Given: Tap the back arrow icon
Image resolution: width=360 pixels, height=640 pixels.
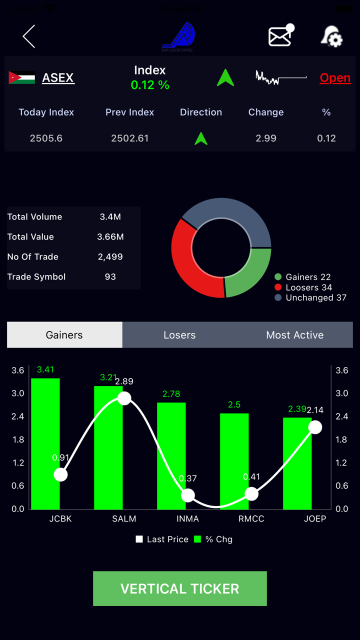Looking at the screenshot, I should click(x=29, y=36).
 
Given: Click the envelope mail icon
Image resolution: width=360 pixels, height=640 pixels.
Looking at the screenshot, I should click(x=280, y=36).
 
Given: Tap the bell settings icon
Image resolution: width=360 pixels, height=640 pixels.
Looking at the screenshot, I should click(x=331, y=36).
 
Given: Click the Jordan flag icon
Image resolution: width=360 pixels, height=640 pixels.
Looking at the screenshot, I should click(x=22, y=78).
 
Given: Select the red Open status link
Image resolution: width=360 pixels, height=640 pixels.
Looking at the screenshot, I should click(x=335, y=78).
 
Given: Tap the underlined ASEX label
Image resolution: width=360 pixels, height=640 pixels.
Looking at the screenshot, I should click(x=58, y=78).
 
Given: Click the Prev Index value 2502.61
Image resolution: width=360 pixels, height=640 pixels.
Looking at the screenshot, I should click(x=130, y=138).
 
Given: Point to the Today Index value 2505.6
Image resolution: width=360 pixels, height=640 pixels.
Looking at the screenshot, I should click(x=46, y=138).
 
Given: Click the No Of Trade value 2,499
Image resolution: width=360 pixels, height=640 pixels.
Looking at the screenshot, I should click(x=110, y=256).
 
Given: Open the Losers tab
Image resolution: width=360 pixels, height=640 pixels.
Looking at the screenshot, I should click(x=179, y=335).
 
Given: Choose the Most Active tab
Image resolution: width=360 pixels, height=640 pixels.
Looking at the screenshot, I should click(x=295, y=335).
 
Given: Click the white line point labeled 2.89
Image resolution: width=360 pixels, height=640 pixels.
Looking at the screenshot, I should click(x=124, y=398).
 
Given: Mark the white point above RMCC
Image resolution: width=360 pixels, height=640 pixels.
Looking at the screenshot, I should click(x=251, y=494).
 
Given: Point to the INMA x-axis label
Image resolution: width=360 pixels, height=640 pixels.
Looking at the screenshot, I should click(x=187, y=518).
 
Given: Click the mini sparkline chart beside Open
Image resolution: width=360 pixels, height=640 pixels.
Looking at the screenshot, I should click(x=280, y=78).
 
